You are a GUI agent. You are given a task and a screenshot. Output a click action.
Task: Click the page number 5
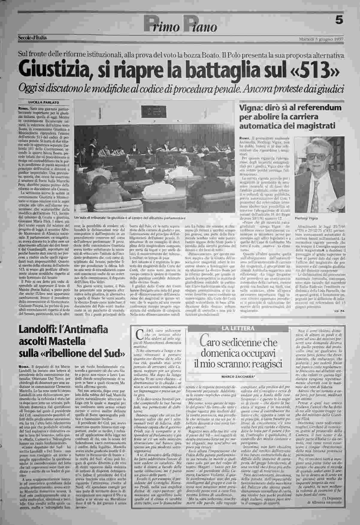tap(339, 21)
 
